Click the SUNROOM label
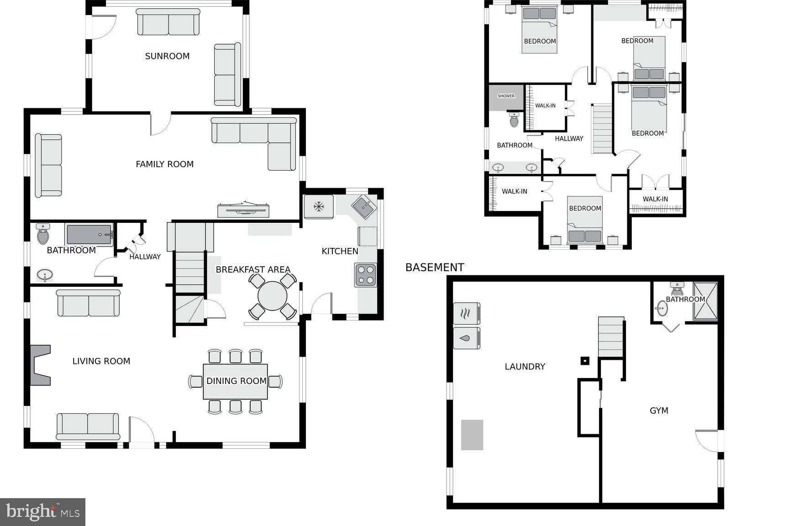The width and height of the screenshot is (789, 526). [167, 56]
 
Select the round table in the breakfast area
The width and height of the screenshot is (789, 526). [272, 296]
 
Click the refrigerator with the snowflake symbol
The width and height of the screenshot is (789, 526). [318, 207]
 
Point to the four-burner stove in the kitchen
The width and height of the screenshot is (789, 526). [365, 275]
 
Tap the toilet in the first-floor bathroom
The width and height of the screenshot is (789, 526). [43, 234]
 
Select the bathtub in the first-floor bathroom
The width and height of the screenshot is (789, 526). [89, 235]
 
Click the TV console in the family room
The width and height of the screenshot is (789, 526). [243, 210]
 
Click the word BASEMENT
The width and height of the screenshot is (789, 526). [434, 268]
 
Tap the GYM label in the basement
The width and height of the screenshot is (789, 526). [659, 410]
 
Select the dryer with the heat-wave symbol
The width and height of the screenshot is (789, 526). [466, 314]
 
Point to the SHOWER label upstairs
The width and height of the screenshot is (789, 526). [506, 96]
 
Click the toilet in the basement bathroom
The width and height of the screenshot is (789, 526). [676, 289]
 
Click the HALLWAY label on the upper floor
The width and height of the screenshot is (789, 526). [569, 138]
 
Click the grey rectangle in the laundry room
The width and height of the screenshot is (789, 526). [472, 435]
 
